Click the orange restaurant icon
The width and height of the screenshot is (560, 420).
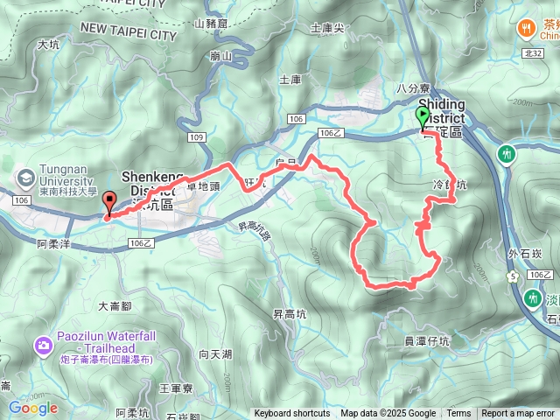527,27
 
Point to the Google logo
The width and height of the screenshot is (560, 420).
33,408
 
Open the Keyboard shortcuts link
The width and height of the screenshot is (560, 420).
292,414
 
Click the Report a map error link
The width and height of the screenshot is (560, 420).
518,414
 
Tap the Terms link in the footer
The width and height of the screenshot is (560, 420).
458,414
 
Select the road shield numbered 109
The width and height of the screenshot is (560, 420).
196,138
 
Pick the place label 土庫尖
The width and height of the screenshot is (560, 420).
327,28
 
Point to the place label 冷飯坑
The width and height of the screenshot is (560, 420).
451,185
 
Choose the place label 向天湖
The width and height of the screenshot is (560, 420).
215,354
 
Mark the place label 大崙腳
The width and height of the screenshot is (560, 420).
115,306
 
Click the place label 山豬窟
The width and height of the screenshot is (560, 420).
211,24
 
